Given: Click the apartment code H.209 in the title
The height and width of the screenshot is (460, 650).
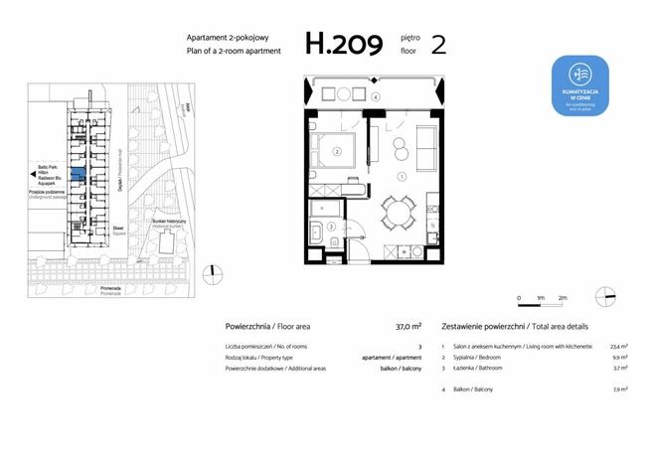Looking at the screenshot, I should click(343, 44).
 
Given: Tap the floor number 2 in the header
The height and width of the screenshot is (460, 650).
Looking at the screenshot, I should click(438, 44).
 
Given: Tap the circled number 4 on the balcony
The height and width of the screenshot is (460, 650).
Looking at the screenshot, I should click(376, 97).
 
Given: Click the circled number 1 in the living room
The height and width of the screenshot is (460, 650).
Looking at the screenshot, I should click(402, 176).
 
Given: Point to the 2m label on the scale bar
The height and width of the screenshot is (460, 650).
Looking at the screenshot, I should click(563, 298).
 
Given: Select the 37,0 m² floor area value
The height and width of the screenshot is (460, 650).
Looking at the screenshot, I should click(408, 326).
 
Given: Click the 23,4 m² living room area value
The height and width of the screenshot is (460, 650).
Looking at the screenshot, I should click(617, 347).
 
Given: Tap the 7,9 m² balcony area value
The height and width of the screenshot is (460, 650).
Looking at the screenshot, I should click(619, 389).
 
